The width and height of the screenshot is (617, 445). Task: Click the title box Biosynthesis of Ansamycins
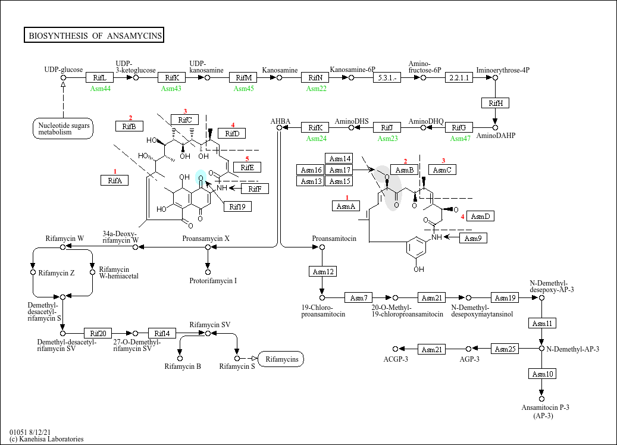coord(94,35)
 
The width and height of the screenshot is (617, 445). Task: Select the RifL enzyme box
coord(99,77)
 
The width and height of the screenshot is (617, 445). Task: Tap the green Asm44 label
coord(101,89)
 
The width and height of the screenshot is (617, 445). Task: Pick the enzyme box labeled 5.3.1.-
coord(387,77)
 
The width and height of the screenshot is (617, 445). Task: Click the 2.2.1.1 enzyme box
coord(459,77)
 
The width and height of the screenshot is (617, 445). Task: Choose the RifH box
coord(496,103)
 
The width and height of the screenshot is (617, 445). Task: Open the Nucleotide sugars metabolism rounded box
coord(63,129)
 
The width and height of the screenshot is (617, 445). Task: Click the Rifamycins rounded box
coord(281,359)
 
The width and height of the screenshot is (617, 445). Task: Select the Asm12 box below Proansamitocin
coord(322,271)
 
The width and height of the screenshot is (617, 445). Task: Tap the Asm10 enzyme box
coord(542,374)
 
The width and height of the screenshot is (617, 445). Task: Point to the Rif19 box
coord(237,206)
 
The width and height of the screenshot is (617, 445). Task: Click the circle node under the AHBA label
coord(280,127)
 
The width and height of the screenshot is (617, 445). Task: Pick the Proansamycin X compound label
coord(206,239)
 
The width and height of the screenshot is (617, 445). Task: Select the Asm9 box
coord(473,238)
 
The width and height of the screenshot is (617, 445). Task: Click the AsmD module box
coord(480,216)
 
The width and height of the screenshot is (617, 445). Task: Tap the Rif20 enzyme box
coord(98,333)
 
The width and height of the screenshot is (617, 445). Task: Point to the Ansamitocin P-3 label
coord(546,408)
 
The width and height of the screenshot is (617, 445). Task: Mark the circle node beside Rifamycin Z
coord(33,272)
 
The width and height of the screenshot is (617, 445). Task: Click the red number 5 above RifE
coord(247,159)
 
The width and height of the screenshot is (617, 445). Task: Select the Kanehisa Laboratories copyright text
coord(47,439)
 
